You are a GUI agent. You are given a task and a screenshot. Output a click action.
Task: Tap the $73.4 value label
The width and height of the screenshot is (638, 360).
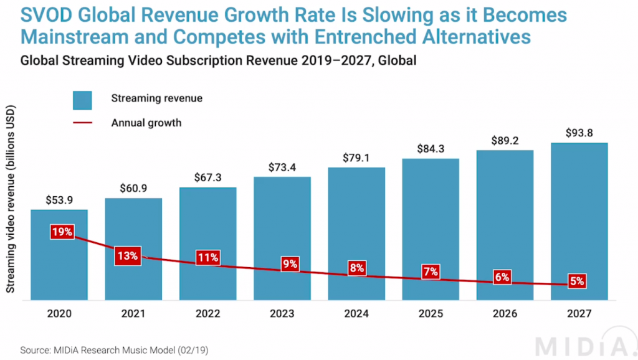click(x=282, y=168)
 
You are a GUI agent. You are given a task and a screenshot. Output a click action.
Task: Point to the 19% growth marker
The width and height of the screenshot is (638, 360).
click(x=62, y=232)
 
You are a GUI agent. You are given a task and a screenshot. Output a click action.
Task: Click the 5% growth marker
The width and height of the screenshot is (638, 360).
click(x=576, y=282)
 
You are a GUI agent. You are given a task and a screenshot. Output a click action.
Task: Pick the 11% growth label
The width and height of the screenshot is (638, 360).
click(x=207, y=257)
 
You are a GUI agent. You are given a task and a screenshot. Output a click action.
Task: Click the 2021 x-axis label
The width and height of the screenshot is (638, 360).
click(x=133, y=313)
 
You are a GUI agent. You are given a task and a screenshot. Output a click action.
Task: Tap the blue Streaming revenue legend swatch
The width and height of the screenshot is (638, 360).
click(x=82, y=99)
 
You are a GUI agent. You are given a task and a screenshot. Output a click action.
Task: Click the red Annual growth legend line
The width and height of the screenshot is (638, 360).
click(x=82, y=123)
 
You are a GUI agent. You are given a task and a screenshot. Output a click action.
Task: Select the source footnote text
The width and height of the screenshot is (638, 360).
click(x=115, y=350)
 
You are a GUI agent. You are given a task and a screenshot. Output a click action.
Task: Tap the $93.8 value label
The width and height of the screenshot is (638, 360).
click(x=579, y=133)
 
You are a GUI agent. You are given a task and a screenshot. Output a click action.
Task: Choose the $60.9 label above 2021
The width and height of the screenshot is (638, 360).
click(x=133, y=189)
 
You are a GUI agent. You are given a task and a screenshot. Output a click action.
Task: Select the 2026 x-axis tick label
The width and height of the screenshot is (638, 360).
click(x=504, y=313)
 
